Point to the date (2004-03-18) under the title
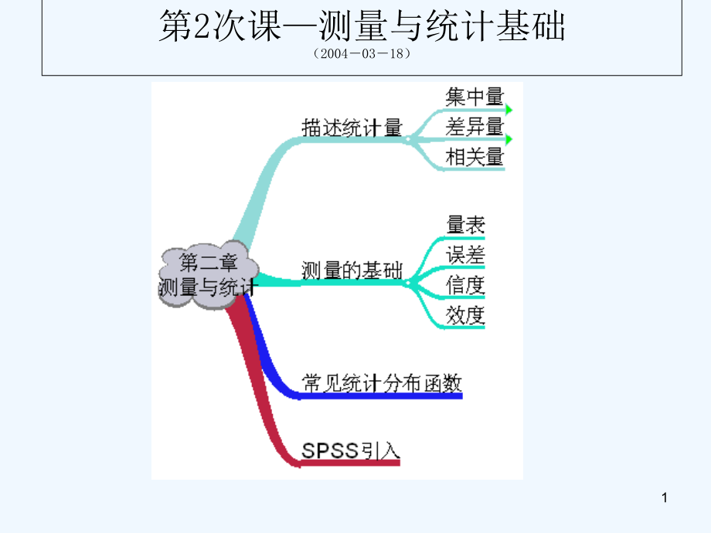pyautogui.click(x=362, y=55)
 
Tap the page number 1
pyautogui.click(x=664, y=499)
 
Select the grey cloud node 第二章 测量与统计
pyautogui.click(x=206, y=275)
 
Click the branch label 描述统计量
pyautogui.click(x=352, y=127)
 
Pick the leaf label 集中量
pyautogui.click(x=475, y=97)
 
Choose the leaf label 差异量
pyautogui.click(x=475, y=127)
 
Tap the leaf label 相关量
pyautogui.click(x=475, y=157)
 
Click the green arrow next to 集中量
pyautogui.click(x=509, y=110)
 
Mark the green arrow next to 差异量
pyautogui.click(x=509, y=140)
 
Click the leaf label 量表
pyautogui.click(x=465, y=226)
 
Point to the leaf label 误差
pyautogui.click(x=465, y=255)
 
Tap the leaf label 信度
pyautogui.click(x=465, y=285)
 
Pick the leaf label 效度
pyautogui.click(x=465, y=315)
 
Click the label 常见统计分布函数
pyautogui.click(x=381, y=382)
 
